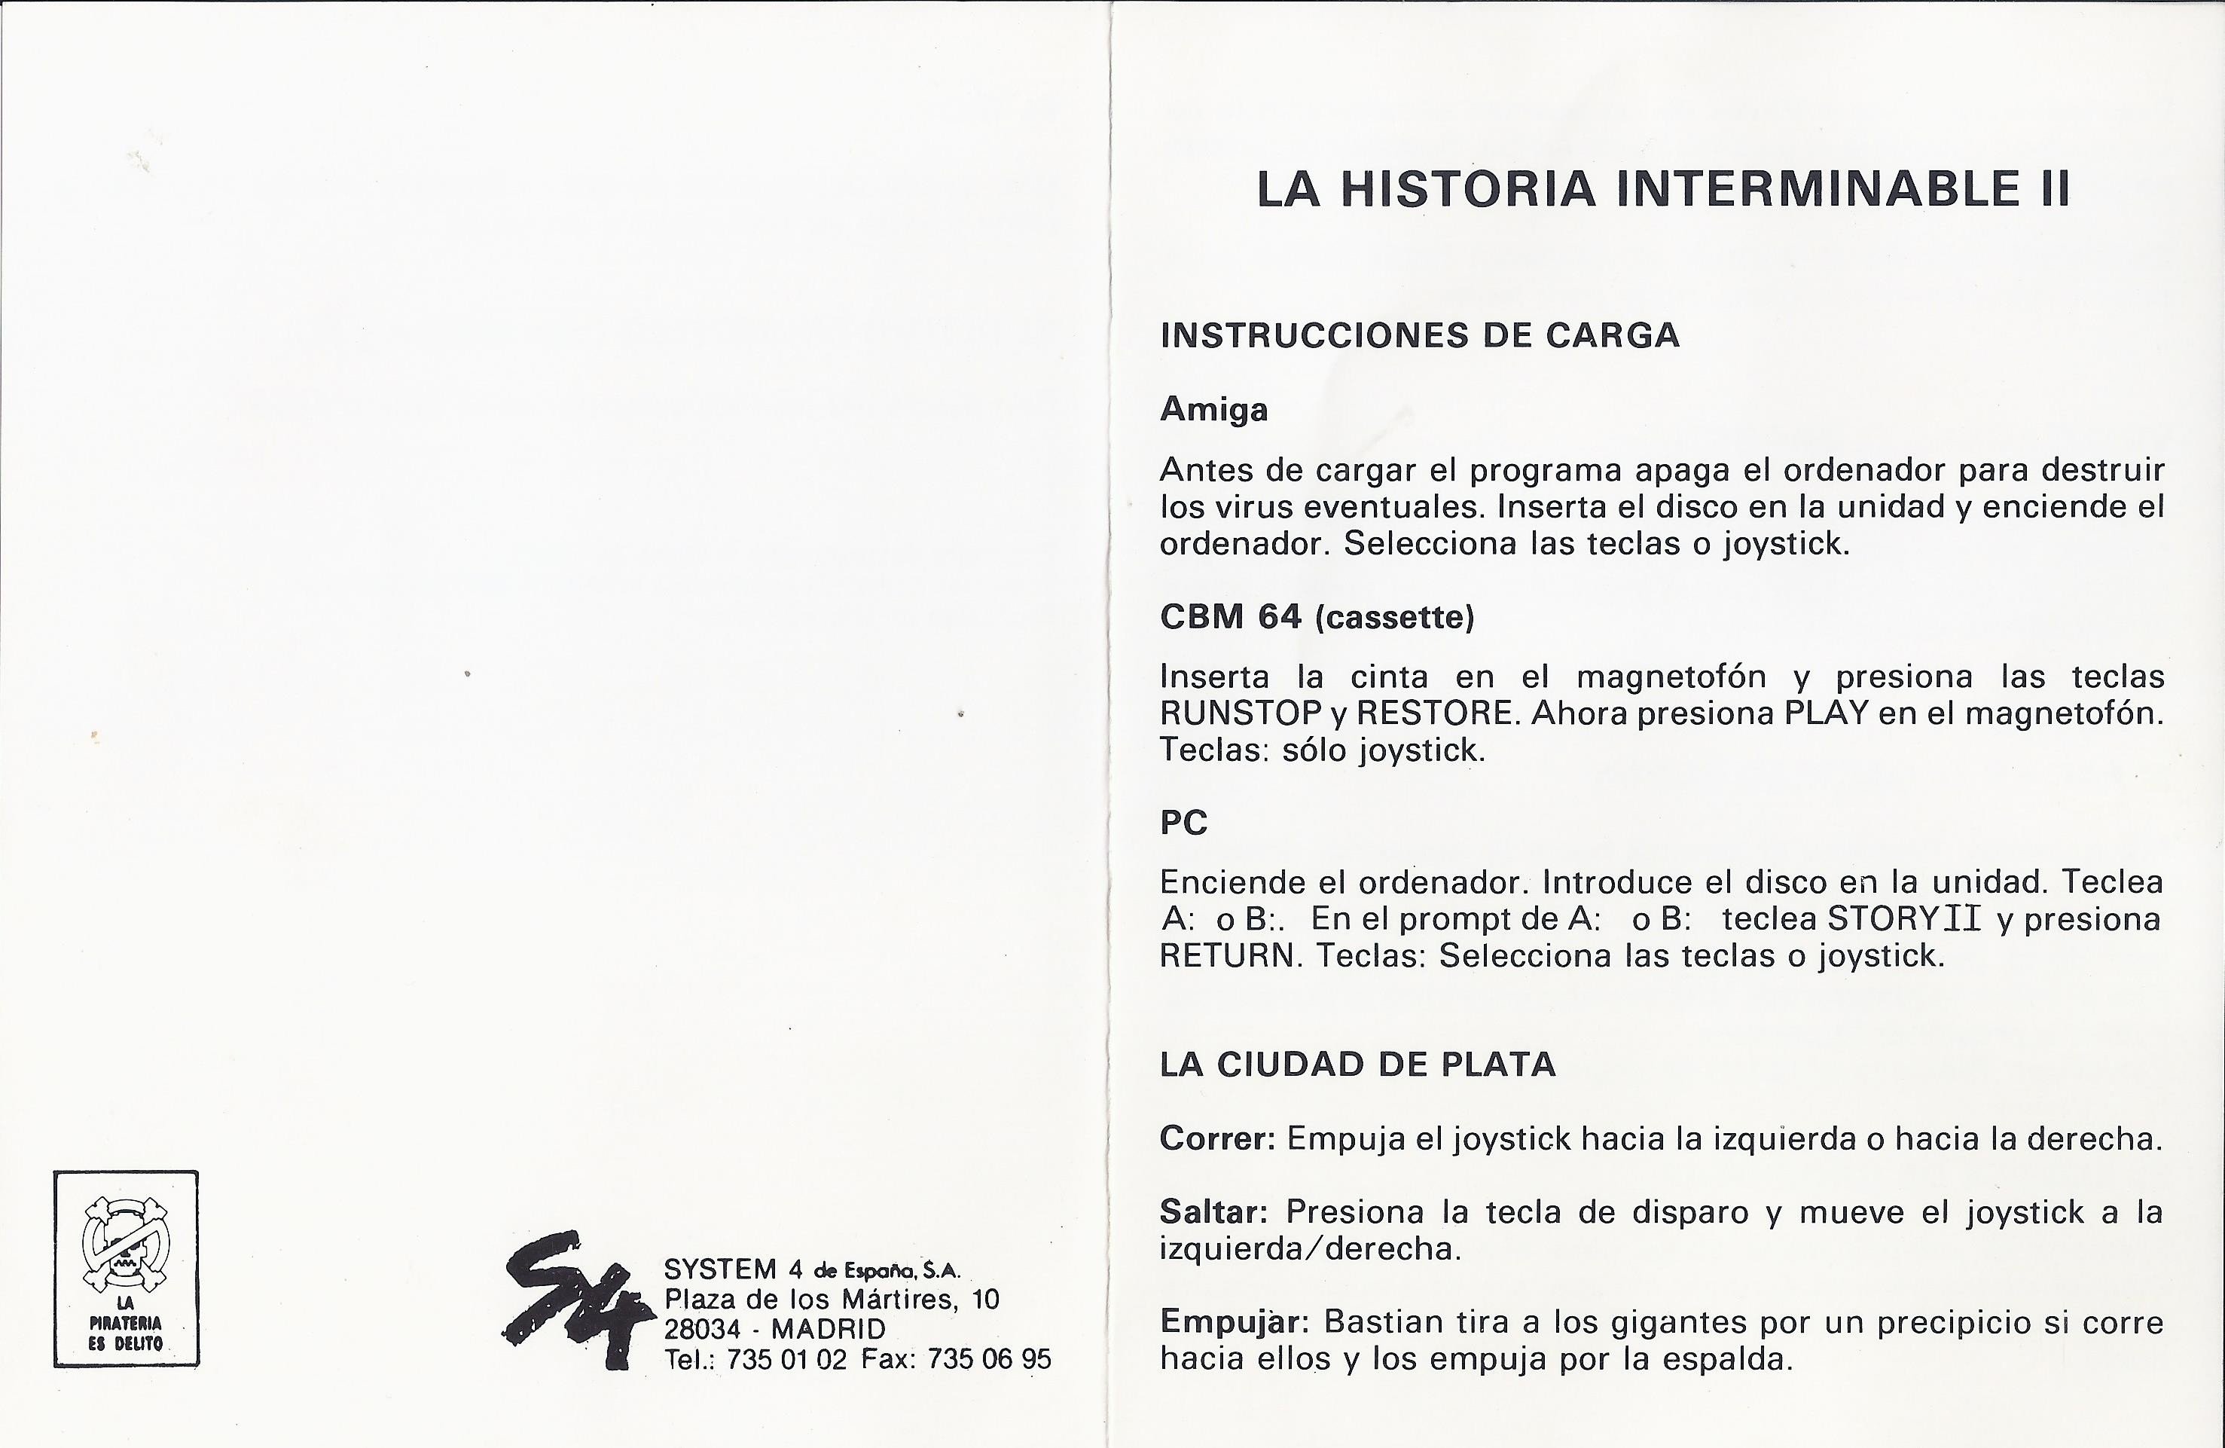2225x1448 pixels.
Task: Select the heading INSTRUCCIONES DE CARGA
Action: [1419, 335]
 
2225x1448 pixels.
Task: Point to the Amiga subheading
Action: [1213, 409]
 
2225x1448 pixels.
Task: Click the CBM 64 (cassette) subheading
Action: [1317, 617]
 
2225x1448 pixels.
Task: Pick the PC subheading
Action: [1183, 823]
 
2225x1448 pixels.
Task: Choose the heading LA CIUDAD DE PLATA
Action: [1357, 1065]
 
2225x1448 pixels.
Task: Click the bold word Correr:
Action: [1217, 1138]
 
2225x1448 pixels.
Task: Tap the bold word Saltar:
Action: [1213, 1212]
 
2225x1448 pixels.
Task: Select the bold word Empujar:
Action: [1237, 1321]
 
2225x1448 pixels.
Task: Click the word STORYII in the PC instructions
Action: [1903, 919]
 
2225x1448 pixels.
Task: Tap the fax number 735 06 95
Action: [989, 1359]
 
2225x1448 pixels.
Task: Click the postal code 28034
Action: [702, 1329]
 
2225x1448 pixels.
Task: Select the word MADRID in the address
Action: [829, 1329]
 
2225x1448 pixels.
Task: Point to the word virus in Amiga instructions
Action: [1253, 507]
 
